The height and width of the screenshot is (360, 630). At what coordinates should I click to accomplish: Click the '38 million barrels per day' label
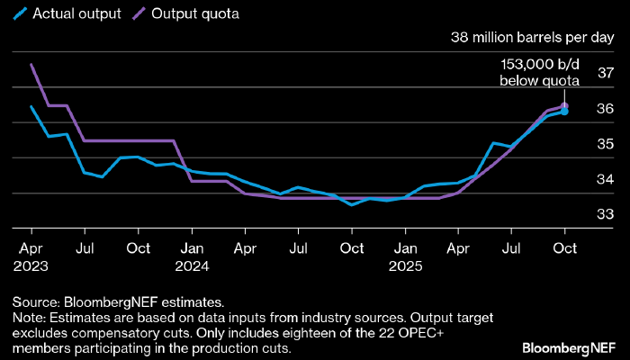(532, 39)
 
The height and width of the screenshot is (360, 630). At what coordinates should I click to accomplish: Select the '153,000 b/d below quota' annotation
(539, 72)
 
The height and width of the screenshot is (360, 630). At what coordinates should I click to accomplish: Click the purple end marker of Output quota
(564, 105)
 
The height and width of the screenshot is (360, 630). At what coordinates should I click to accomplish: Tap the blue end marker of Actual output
(564, 112)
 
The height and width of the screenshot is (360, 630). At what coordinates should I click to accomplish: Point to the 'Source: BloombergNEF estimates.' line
(118, 302)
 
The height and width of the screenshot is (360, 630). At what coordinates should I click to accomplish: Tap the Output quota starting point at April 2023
(31, 65)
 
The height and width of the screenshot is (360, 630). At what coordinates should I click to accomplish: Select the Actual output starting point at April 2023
(31, 107)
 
